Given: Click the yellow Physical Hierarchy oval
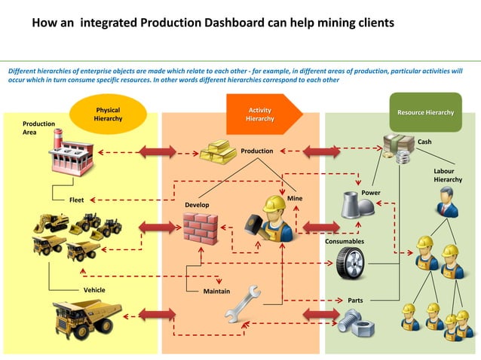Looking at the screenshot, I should pyautogui.click(x=107, y=114).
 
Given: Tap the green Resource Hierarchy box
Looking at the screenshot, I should pyautogui.click(x=425, y=113).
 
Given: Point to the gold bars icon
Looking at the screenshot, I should pyautogui.click(x=218, y=151).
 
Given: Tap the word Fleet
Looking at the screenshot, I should pyautogui.click(x=76, y=200).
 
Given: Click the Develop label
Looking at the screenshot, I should pyautogui.click(x=198, y=205).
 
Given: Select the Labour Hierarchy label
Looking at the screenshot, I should pyautogui.click(x=448, y=175).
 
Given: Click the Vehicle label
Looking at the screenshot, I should pyautogui.click(x=94, y=290).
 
